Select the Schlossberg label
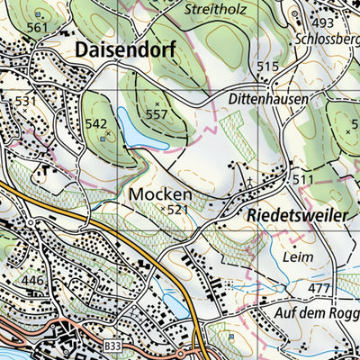326,39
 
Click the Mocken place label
160,193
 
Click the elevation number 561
36,28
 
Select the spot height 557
157,114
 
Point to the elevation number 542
96,124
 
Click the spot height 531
26,101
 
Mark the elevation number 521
178,210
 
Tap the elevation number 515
267,67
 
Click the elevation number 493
323,22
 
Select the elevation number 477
319,288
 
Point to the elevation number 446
32,282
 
